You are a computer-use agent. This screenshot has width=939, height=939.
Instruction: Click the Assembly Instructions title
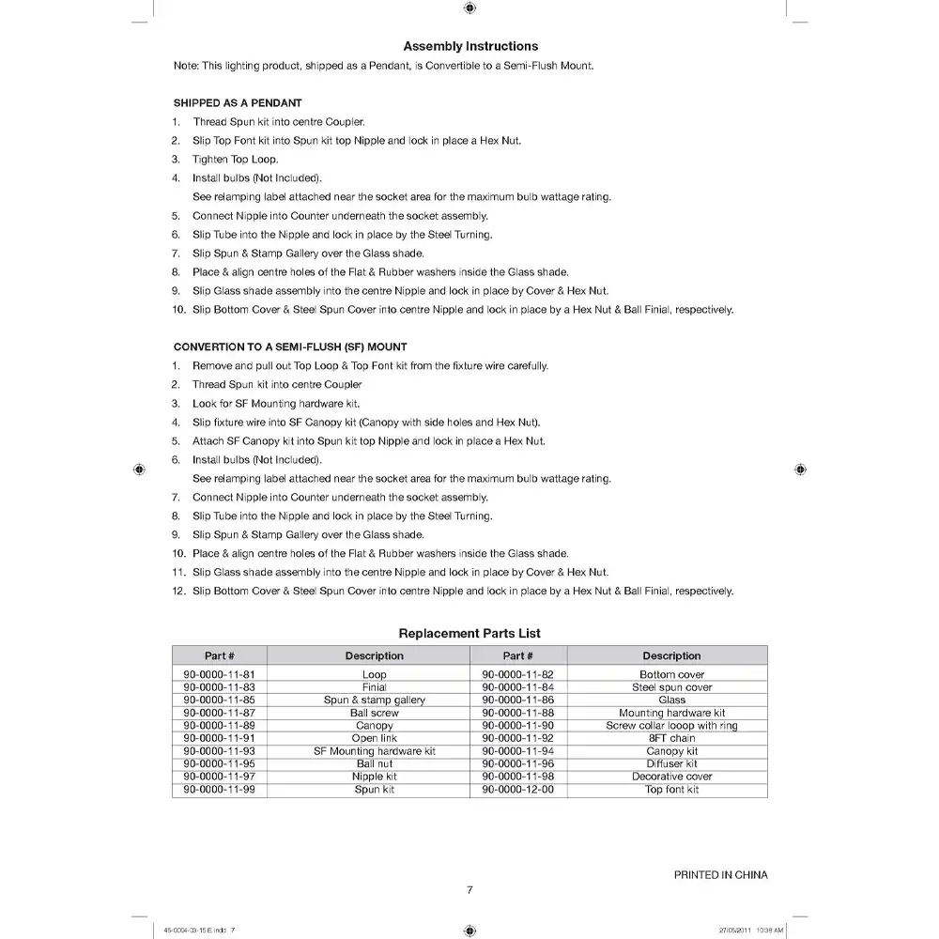click(x=470, y=46)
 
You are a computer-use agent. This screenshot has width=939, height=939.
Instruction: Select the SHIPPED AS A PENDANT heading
click(x=238, y=102)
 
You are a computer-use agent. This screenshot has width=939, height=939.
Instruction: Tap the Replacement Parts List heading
click(x=469, y=634)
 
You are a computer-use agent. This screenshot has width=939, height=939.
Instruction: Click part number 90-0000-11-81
click(x=219, y=674)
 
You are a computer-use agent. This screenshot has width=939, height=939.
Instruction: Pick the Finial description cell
click(x=374, y=687)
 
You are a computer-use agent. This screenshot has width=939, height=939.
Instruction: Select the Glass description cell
click(x=671, y=700)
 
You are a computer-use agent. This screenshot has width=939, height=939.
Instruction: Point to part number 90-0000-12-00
click(x=517, y=790)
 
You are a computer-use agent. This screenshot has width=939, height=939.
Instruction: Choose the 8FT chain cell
click(x=671, y=739)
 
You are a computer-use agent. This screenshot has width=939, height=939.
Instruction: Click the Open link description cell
click(x=374, y=739)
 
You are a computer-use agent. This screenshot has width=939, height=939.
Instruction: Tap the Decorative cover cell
click(x=671, y=777)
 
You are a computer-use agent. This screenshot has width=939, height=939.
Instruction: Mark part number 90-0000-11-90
click(x=517, y=726)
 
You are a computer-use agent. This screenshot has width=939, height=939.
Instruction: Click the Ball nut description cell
click(x=374, y=764)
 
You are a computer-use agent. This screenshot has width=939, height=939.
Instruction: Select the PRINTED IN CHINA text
click(x=720, y=875)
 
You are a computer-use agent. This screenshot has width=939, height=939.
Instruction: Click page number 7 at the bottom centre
click(x=469, y=891)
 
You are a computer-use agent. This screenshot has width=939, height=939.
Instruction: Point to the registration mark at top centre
click(x=469, y=8)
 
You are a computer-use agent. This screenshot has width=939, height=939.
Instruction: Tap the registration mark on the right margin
click(x=799, y=469)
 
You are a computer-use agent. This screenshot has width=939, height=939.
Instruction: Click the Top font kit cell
click(x=671, y=790)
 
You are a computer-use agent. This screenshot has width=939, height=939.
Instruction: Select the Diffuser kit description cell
click(x=671, y=764)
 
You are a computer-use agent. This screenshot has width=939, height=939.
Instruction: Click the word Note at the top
click(x=186, y=66)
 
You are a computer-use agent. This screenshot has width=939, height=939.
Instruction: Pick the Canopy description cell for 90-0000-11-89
click(x=374, y=726)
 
